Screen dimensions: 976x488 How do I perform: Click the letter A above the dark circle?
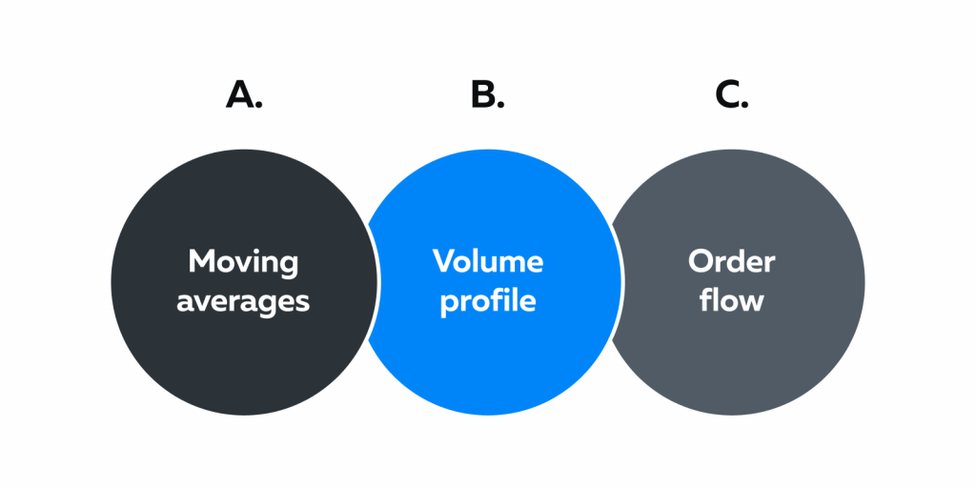[x=239, y=96]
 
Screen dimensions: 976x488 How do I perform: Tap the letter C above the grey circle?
[x=726, y=96]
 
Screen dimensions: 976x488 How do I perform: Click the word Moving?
[x=243, y=263]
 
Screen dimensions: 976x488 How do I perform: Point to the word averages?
[x=243, y=302]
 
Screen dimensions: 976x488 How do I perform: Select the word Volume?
[x=488, y=261]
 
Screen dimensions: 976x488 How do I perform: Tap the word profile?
[x=488, y=300]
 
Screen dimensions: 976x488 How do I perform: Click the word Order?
[x=732, y=261]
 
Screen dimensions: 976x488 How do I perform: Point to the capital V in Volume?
[x=444, y=261]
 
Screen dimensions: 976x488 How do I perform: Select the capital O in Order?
[x=701, y=261]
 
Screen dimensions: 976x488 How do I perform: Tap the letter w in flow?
[x=752, y=302]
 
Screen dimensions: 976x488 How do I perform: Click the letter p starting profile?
[x=450, y=305]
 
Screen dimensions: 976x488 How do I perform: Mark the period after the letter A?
[x=257, y=105]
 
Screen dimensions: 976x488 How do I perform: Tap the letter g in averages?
[x=266, y=306]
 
